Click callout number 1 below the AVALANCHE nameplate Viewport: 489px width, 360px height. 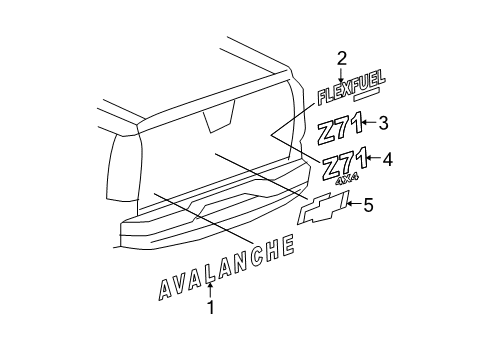click(210, 310)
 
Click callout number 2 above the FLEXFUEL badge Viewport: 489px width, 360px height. click(342, 58)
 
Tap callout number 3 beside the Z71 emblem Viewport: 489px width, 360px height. click(383, 123)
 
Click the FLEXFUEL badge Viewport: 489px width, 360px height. click(349, 94)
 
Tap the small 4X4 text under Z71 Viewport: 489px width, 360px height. click(347, 180)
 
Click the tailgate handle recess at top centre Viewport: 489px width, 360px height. click(215, 121)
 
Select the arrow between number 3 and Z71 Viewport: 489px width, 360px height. click(369, 123)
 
